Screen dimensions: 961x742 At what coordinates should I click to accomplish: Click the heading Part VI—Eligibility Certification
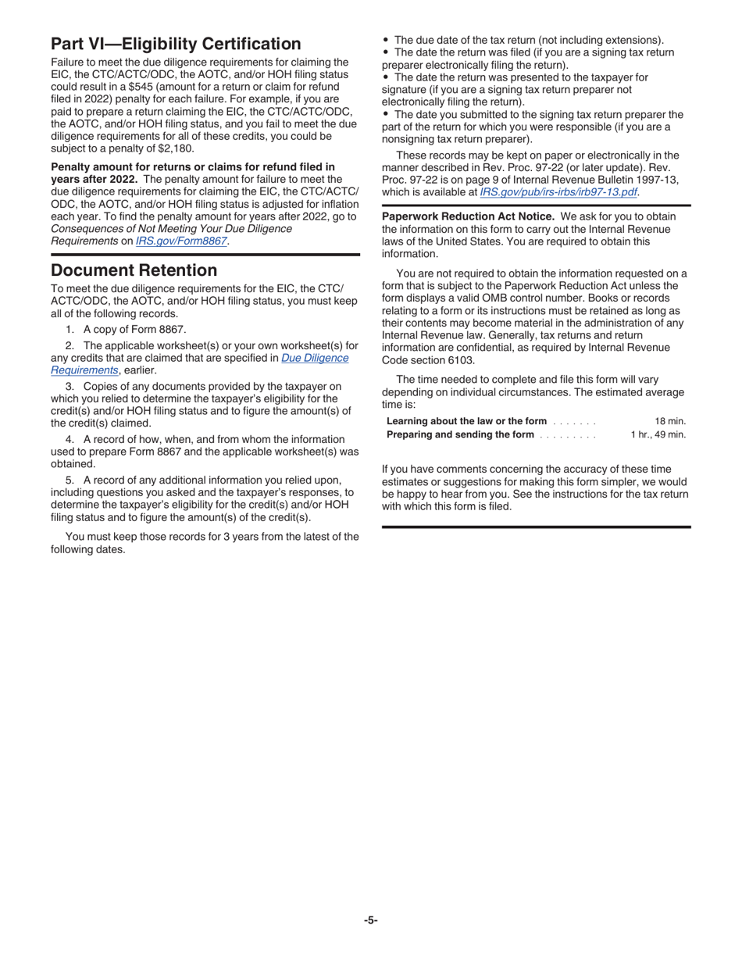pyautogui.click(x=176, y=44)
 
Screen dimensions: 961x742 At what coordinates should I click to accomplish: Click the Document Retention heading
pyautogui.click(x=134, y=270)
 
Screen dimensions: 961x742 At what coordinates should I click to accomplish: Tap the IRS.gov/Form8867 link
pyautogui.click(x=181, y=241)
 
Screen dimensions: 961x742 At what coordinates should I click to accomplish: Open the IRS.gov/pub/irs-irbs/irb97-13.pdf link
pyautogui.click(x=558, y=191)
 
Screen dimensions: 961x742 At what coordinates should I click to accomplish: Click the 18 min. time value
pyautogui.click(x=669, y=421)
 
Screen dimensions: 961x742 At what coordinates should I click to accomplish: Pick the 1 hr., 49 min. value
pyautogui.click(x=658, y=434)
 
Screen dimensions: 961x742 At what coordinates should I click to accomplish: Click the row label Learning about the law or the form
pyautogui.click(x=466, y=421)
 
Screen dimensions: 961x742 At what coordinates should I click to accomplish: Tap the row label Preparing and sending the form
pyautogui.click(x=460, y=434)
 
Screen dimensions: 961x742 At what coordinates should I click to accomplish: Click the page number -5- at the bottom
pyautogui.click(x=370, y=920)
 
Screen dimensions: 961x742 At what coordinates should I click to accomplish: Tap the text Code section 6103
pyautogui.click(x=427, y=360)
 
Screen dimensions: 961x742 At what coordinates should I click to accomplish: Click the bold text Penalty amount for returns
pyautogui.click(x=192, y=166)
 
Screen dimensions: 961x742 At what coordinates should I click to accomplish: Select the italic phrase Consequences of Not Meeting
pyautogui.click(x=171, y=228)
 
